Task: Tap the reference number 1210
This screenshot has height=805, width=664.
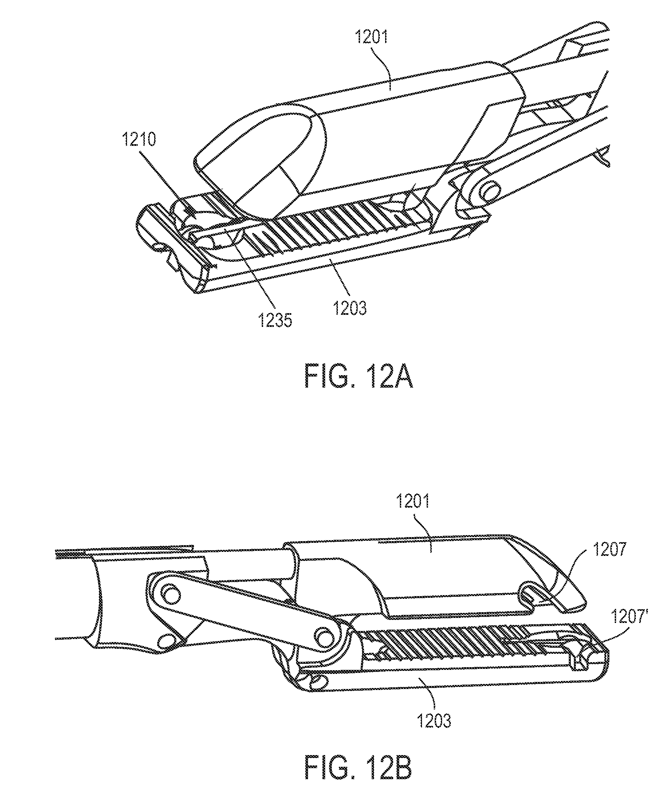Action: pyautogui.click(x=139, y=140)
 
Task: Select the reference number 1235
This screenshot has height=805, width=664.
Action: pyautogui.click(x=275, y=320)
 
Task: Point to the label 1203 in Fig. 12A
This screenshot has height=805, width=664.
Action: pyautogui.click(x=350, y=307)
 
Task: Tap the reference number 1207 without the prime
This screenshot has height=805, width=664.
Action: pyautogui.click(x=610, y=550)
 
